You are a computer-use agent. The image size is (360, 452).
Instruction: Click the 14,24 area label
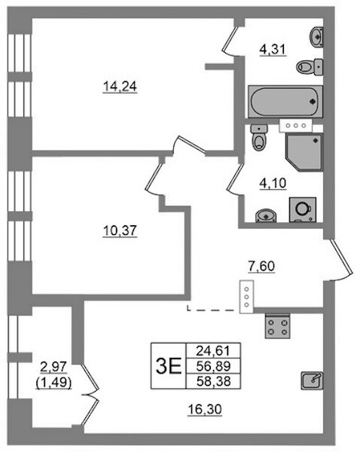120,86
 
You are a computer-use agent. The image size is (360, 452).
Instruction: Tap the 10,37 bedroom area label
120,231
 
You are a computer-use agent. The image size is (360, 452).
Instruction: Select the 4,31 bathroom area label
273,49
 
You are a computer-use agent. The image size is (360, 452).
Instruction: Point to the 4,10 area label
273,183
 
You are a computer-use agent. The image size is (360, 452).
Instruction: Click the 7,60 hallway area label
261,266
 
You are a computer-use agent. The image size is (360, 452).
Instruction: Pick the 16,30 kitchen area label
205,409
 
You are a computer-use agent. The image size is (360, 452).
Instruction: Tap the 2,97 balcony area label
53,368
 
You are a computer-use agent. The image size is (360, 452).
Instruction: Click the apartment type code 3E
169,366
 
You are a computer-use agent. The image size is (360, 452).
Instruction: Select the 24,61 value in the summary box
213,351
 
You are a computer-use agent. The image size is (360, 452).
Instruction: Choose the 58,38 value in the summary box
214,381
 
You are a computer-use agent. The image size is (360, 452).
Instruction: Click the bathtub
285,102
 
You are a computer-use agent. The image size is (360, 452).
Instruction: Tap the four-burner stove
277,327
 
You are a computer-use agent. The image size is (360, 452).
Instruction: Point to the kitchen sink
312,380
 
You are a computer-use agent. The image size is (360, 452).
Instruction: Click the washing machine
303,209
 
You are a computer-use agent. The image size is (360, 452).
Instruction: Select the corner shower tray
304,152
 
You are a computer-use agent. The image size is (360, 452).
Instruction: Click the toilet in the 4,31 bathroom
310,67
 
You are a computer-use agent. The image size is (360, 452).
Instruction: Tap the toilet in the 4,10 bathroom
259,137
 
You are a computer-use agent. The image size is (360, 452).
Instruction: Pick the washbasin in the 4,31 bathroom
317,37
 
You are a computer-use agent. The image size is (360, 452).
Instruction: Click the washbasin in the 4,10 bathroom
266,215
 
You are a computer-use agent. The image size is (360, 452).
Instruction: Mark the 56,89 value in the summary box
214,366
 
